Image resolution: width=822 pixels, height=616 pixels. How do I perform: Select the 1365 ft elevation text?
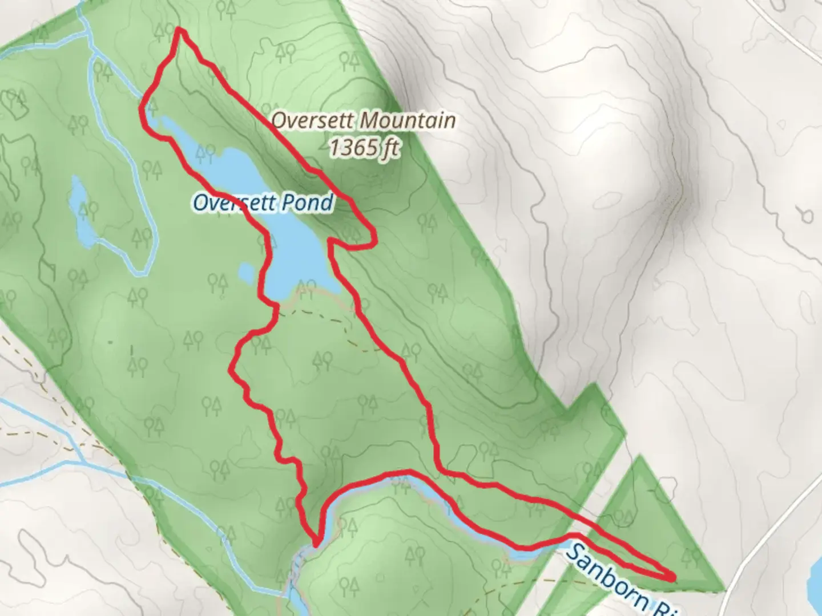pyautogui.click(x=363, y=148)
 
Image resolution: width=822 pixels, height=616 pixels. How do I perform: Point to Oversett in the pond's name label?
pyautogui.click(x=235, y=203)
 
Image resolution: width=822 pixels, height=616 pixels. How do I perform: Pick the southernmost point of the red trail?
pyautogui.click(x=315, y=544)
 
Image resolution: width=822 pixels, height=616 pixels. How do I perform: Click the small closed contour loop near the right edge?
pyautogui.click(x=806, y=216)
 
